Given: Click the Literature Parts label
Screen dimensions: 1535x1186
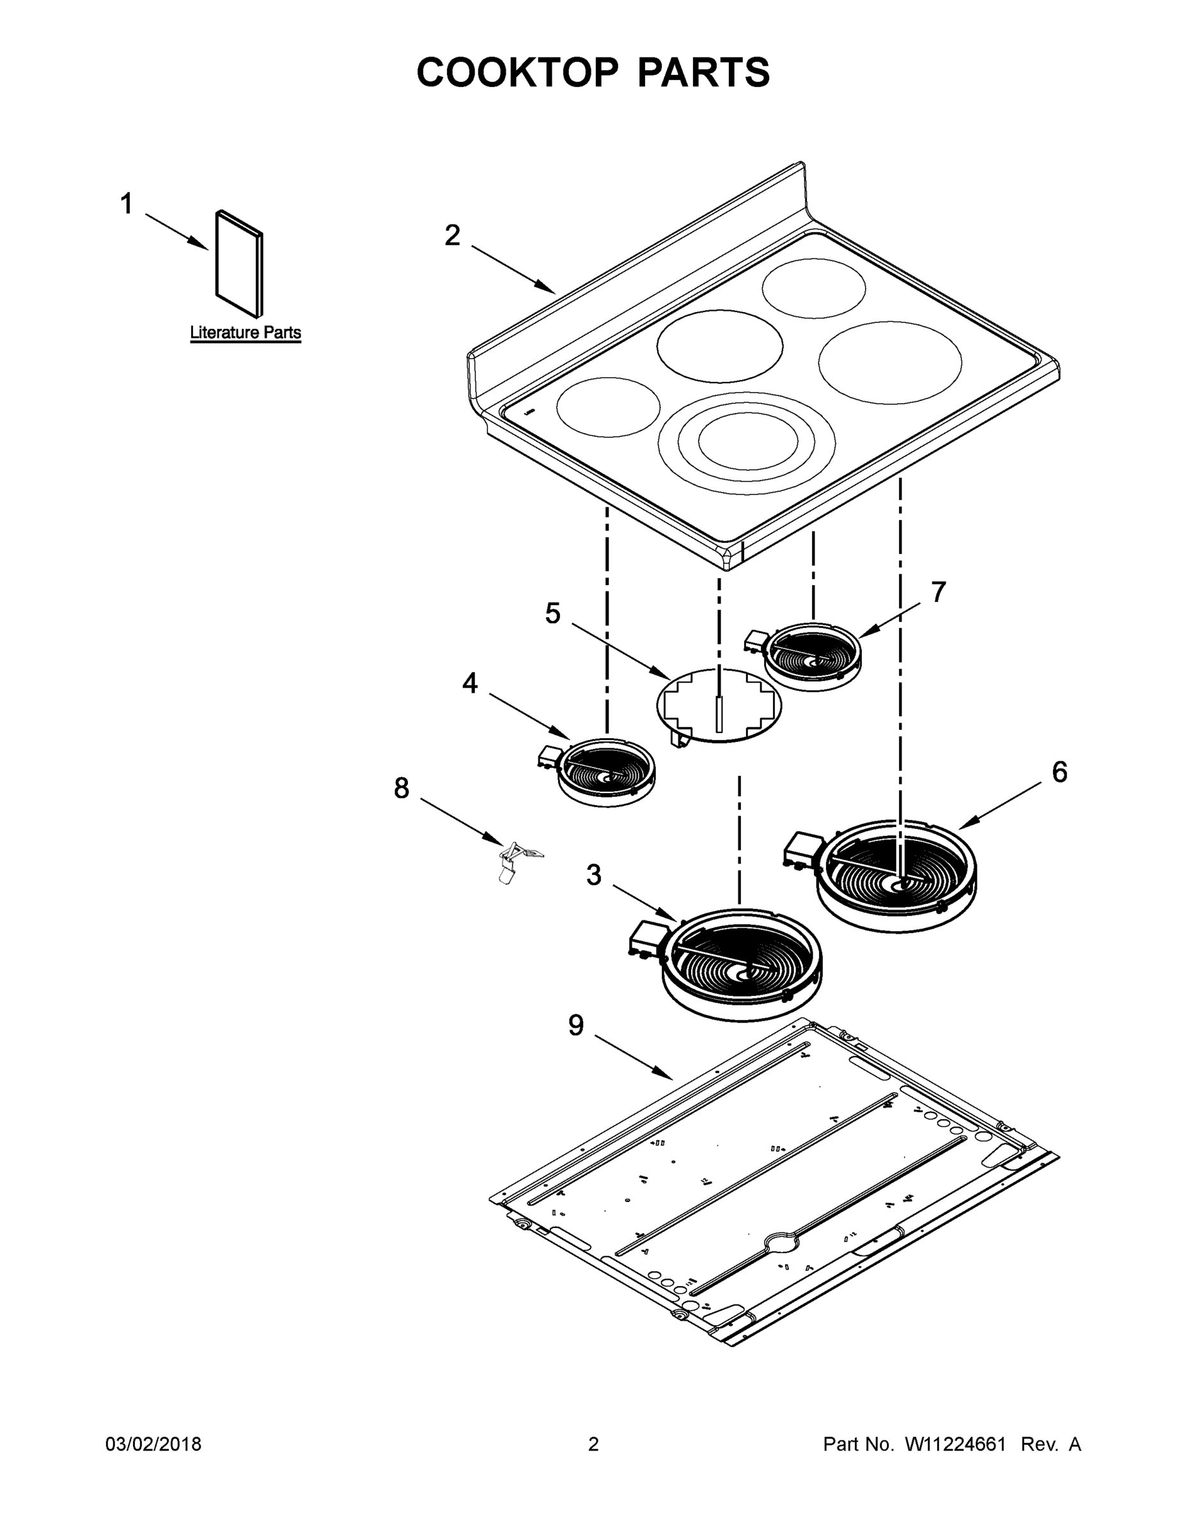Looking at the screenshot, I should point(246,333).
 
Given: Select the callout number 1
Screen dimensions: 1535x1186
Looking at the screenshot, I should point(127,205).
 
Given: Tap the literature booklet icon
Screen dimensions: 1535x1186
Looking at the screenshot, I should point(240,264).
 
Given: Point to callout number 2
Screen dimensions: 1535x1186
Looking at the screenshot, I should point(453,235).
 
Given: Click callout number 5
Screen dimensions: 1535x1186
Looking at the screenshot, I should point(553,613).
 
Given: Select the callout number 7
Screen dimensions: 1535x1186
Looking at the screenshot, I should point(939,592).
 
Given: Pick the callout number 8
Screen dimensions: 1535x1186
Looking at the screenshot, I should point(401,789).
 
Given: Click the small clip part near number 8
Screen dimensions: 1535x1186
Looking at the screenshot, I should point(516,861).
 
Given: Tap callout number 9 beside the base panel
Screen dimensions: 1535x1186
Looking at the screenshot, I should point(575,1025).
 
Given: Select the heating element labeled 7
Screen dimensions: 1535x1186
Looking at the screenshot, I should point(811,656).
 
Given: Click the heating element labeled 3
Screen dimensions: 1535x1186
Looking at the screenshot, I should point(741,963).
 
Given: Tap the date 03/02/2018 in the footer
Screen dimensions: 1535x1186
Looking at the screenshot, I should point(153,1444).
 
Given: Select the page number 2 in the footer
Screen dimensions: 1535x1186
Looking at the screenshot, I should point(593,1444).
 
